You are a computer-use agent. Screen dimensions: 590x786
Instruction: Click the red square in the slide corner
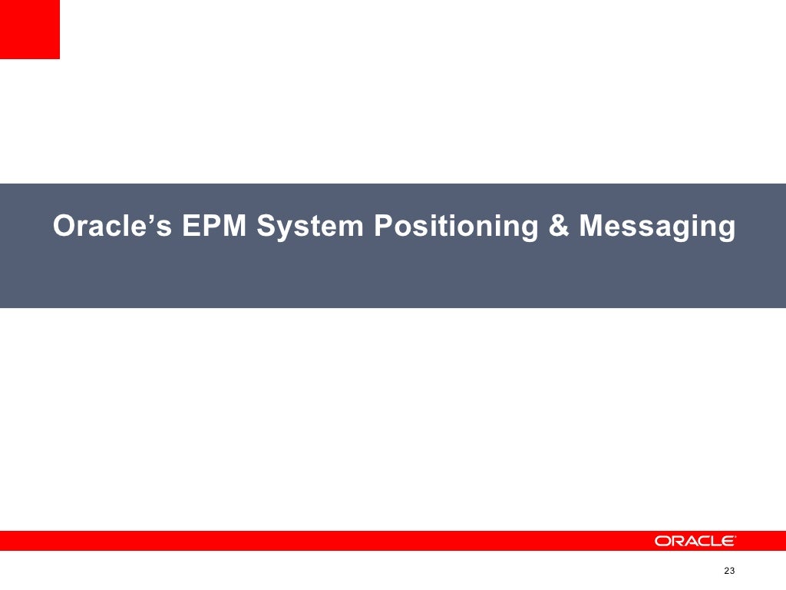(29, 29)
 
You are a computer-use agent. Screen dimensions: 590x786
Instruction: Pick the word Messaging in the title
(657, 227)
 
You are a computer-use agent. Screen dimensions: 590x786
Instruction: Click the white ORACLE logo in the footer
(694, 541)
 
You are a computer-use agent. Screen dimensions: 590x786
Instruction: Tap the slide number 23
(729, 571)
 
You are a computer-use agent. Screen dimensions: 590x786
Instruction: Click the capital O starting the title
(64, 227)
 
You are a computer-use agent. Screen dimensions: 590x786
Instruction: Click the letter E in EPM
(191, 227)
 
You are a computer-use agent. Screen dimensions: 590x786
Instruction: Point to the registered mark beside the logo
(735, 536)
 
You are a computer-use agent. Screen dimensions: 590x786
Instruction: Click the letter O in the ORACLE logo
(662, 541)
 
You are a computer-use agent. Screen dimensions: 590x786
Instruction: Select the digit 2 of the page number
(726, 571)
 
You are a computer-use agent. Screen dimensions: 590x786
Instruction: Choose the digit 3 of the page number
(732, 571)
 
